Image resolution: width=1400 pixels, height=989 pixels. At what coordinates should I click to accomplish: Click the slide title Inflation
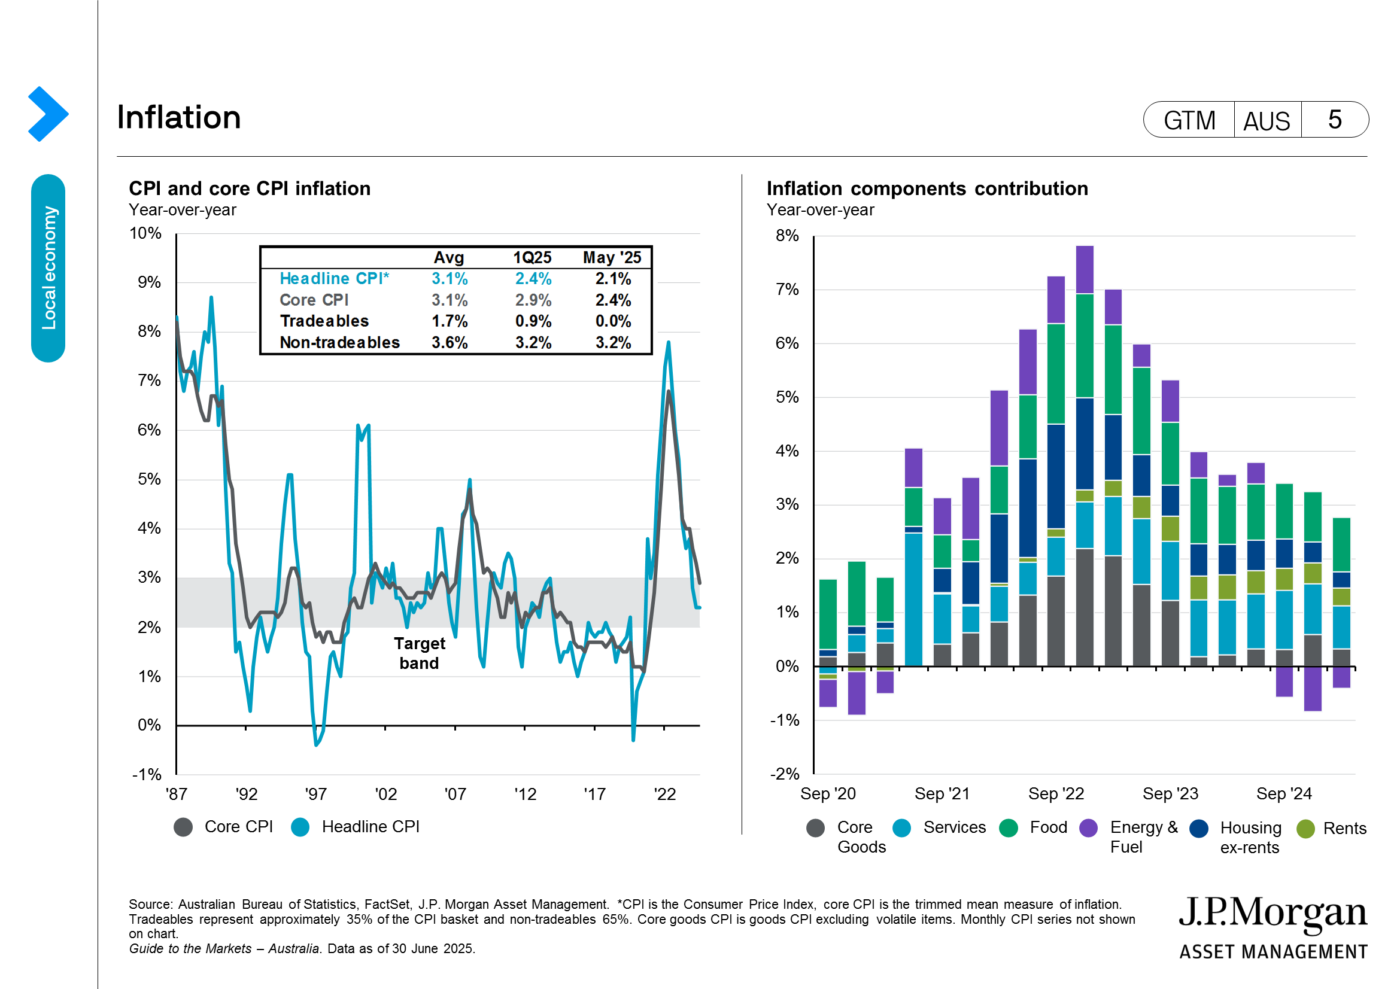point(178,117)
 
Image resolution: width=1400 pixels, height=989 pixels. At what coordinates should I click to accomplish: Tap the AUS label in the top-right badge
point(1266,121)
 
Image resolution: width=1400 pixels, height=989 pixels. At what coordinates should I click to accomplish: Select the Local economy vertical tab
point(48,268)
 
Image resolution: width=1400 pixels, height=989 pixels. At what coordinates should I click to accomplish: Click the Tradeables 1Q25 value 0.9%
point(532,321)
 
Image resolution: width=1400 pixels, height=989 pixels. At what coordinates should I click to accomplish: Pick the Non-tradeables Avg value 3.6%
point(450,342)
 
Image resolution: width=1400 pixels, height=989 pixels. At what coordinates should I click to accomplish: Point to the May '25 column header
point(612,257)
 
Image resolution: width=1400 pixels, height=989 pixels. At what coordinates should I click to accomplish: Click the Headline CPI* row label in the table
point(334,278)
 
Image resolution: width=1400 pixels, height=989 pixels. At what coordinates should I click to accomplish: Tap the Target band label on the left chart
point(419,653)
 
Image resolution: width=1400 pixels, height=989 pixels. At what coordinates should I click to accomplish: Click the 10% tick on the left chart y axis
point(145,233)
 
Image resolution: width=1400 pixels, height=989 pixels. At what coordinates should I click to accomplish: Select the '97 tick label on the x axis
point(315,794)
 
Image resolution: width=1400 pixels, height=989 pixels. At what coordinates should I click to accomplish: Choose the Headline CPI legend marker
point(300,827)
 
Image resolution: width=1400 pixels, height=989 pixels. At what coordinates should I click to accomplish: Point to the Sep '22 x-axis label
point(1055,793)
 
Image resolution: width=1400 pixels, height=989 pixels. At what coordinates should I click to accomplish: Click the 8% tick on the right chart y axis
point(786,236)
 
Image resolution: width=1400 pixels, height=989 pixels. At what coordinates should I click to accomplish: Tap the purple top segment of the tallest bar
point(1084,269)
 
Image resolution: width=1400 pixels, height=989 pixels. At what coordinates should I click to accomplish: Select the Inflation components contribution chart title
point(927,189)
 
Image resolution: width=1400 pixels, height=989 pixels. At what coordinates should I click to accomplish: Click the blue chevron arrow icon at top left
point(47,114)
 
